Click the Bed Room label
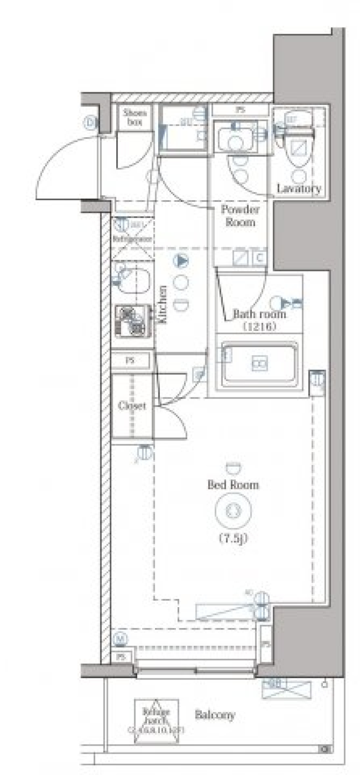coord(233,485)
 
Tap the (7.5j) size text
coord(233,539)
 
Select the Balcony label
coord(214,715)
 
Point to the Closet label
coord(132,406)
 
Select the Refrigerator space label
coord(132,238)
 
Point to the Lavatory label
coord(298,188)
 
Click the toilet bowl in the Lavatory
coord(299,150)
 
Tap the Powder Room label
coord(240,216)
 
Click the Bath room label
coord(259,314)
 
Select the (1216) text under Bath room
coord(259,326)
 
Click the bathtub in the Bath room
coord(259,364)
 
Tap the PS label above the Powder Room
coord(240,110)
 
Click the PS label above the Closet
coord(130,361)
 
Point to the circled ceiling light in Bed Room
coord(233,510)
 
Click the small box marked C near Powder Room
coord(259,258)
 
